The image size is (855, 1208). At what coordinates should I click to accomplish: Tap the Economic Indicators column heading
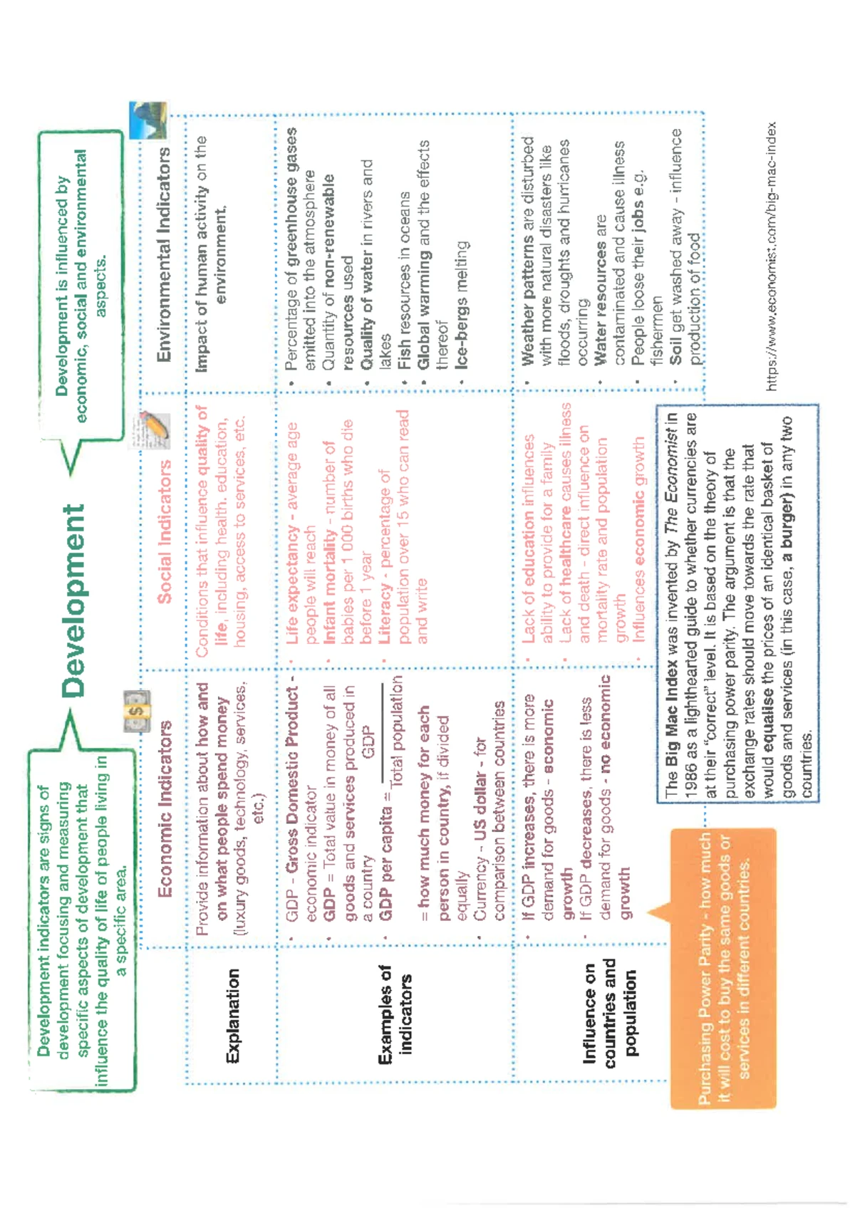coord(165,809)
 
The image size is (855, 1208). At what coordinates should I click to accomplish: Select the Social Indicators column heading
coord(165,531)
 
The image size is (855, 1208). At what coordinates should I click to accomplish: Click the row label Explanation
coord(233,1016)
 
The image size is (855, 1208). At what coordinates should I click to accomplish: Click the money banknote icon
coord(136,711)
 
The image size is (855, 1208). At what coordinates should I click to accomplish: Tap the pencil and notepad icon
coord(153,430)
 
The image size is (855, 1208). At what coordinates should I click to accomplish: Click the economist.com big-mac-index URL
coord(771,256)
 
